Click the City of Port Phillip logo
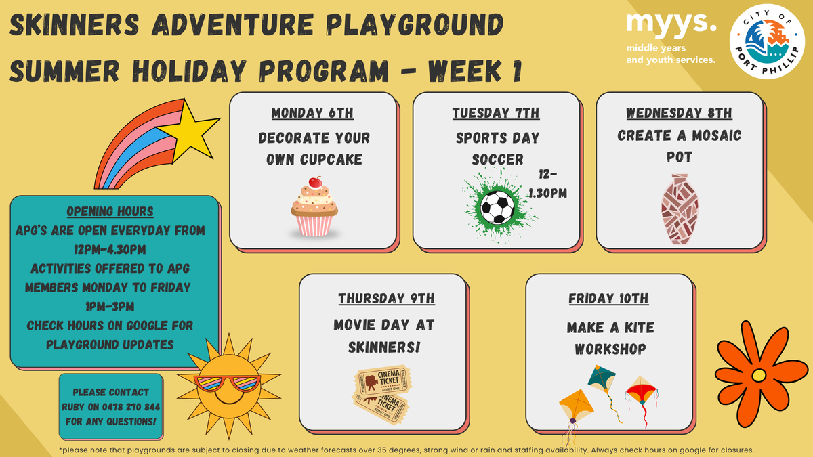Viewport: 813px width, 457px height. (767, 41)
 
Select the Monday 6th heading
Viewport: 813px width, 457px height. (312, 113)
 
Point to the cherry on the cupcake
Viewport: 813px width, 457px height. (315, 181)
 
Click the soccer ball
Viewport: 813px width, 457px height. (497, 207)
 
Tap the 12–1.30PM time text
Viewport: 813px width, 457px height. (547, 184)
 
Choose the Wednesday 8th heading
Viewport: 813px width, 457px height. (679, 113)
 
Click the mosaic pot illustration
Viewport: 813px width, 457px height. (680, 209)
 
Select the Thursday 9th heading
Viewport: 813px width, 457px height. (387, 299)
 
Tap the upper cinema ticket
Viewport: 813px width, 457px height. (383, 380)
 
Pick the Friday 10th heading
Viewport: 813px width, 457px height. (608, 299)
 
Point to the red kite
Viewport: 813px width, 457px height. (641, 390)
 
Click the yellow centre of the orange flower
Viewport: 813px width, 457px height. (759, 375)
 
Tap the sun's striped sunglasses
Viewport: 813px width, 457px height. (228, 383)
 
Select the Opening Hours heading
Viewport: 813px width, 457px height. (110, 211)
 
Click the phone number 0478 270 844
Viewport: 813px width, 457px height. (131, 407)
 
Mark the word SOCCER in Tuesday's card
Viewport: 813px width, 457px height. (497, 159)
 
